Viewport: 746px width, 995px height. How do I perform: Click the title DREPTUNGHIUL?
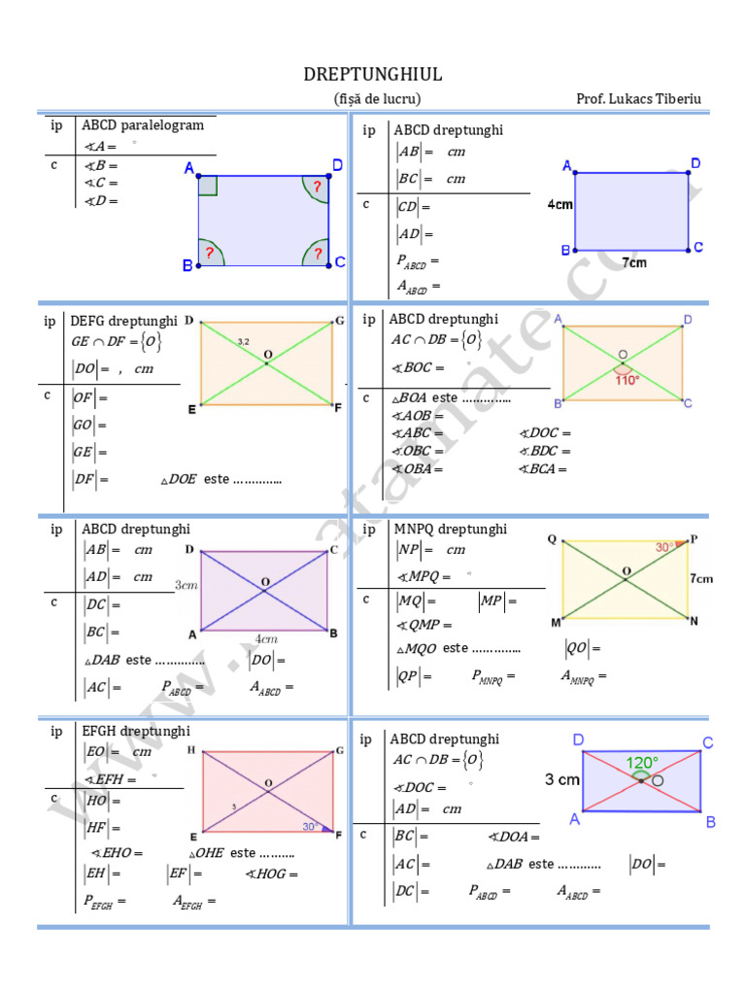click(x=373, y=75)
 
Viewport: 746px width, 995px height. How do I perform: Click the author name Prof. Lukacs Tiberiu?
click(x=638, y=99)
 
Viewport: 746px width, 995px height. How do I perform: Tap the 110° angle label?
click(x=627, y=380)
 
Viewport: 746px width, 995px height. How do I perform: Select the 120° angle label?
click(x=641, y=763)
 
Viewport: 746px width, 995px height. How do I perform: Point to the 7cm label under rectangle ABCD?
click(x=634, y=262)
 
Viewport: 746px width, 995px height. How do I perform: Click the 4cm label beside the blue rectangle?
click(x=559, y=206)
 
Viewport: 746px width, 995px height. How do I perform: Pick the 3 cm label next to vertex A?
click(x=562, y=779)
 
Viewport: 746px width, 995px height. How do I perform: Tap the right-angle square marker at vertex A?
click(x=208, y=186)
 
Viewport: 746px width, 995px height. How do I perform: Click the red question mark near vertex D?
click(x=317, y=185)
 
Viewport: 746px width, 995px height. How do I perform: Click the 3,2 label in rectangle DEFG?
click(x=244, y=342)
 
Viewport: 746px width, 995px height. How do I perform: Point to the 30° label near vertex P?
click(x=663, y=548)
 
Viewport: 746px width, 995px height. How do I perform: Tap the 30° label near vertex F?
click(x=310, y=827)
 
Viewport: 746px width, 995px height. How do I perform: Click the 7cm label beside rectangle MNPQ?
click(x=701, y=578)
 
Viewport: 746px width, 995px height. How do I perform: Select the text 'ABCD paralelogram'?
click(x=143, y=125)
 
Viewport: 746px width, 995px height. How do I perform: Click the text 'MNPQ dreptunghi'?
click(x=451, y=530)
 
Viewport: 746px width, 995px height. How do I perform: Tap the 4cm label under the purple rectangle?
click(x=266, y=639)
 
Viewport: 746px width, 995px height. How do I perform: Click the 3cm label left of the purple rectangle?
click(x=186, y=586)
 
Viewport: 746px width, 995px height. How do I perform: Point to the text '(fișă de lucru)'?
click(x=377, y=99)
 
